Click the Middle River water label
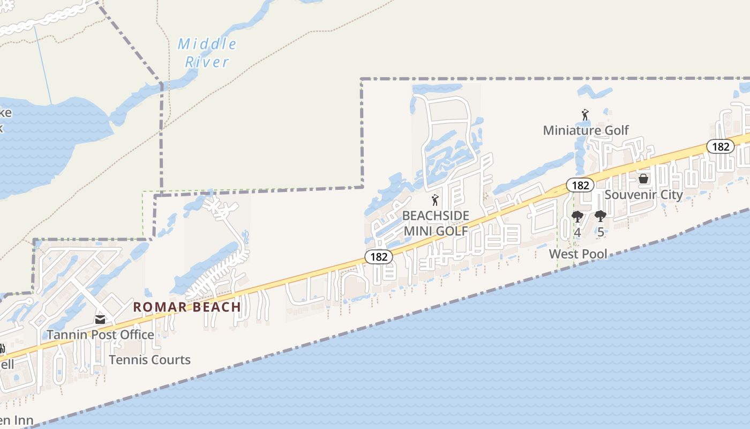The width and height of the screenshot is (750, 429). tap(207, 53)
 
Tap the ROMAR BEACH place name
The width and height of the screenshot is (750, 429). tap(187, 307)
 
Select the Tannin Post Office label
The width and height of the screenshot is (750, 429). tap(100, 335)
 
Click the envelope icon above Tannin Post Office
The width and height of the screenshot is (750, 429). tap(100, 320)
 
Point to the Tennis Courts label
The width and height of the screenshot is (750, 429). tap(150, 360)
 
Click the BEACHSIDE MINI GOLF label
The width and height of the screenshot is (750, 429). tap(436, 223)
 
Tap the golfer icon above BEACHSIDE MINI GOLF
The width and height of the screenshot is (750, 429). tap(435, 201)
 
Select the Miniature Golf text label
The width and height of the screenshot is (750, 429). tap(586, 130)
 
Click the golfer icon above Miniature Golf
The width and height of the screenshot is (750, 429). tap(585, 115)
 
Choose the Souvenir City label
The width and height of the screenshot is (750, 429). tap(643, 194)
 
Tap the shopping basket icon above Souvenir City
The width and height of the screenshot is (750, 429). tap(643, 179)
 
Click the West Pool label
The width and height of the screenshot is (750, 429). tap(579, 254)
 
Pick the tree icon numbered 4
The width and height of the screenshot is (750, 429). tap(577, 217)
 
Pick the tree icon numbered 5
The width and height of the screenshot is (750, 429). tap(601, 217)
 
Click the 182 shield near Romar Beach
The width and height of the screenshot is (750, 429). tap(379, 257)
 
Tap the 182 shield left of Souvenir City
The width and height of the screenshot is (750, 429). tap(580, 186)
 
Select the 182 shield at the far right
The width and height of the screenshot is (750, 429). tap(721, 146)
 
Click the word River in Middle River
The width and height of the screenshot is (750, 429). tap(207, 62)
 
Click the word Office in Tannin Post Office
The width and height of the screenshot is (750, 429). tap(134, 335)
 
